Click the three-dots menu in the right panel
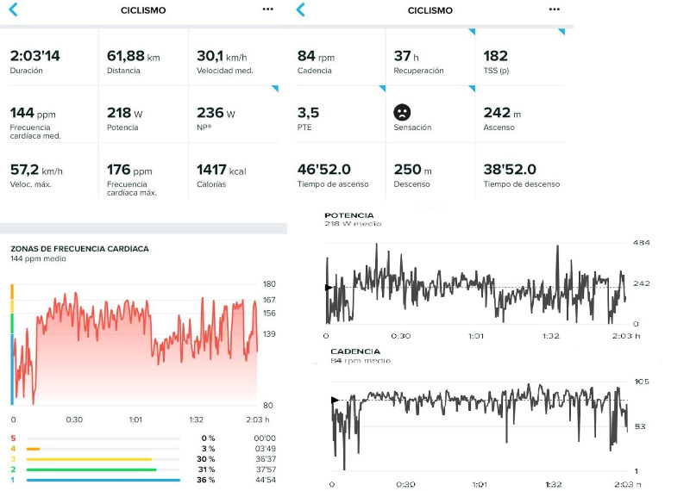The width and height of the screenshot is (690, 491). pos(553,9)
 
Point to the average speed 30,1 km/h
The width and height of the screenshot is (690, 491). pos(221,55)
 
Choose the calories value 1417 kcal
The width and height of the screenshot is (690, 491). pos(221,171)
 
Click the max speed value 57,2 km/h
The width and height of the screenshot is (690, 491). pos(37,171)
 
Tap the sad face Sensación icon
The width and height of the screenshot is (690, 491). pos(402,112)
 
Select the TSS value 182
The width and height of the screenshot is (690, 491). pos(496,55)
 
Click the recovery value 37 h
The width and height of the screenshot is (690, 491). pos(403,55)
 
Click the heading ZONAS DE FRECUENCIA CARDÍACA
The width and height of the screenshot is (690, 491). pos(79,248)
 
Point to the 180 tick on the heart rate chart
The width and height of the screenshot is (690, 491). pos(269,283)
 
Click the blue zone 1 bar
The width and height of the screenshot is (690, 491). pos(103,480)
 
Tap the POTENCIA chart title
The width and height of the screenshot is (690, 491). pos(348,214)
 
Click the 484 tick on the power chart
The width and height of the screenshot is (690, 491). pos(641,243)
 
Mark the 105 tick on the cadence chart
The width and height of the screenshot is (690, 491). pos(641,382)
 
